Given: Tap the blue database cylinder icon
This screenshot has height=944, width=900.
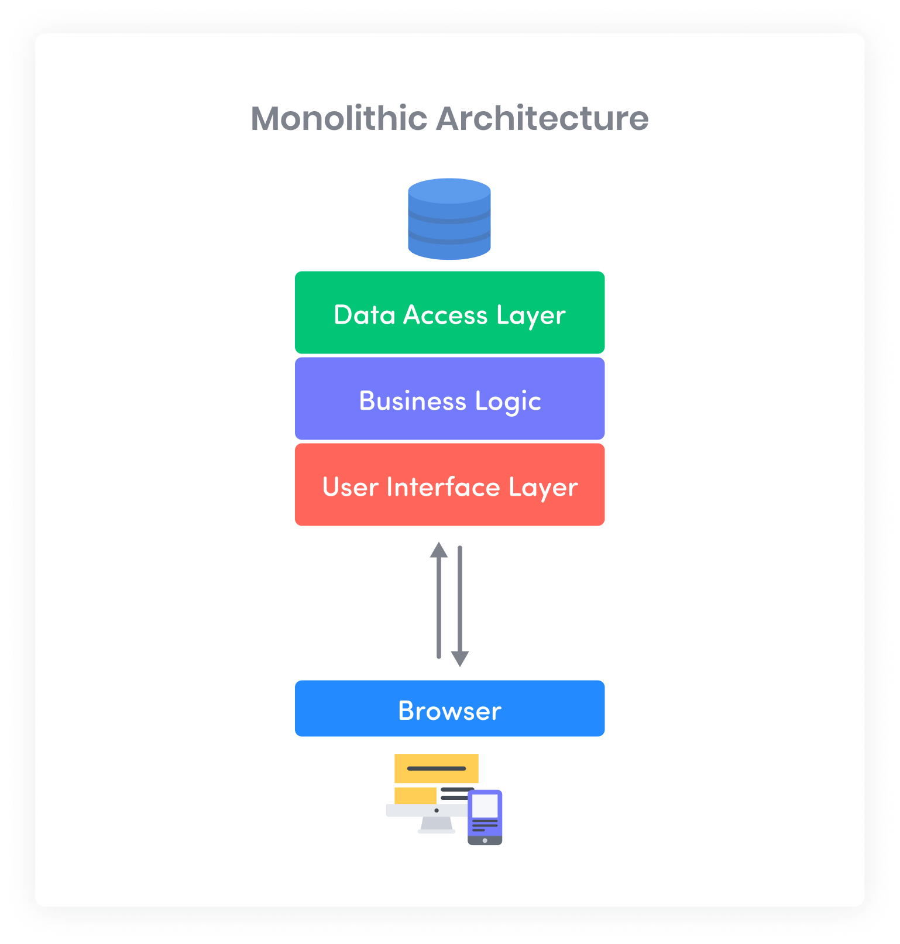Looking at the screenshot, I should [x=449, y=219].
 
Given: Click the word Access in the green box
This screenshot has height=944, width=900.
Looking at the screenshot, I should [x=445, y=315].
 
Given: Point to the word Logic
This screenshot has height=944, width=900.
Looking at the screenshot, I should [x=508, y=401].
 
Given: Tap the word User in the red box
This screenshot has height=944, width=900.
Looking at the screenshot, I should [x=350, y=487].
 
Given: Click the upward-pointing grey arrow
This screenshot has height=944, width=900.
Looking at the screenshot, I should [x=439, y=600].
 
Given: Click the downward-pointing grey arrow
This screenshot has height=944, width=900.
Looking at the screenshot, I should [x=460, y=606].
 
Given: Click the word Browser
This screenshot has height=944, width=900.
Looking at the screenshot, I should [x=449, y=710].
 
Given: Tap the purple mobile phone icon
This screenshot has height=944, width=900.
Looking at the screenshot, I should [x=485, y=816].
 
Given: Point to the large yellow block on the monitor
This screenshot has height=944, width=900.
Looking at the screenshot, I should [x=436, y=768].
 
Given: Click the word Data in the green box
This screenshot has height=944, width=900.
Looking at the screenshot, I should [x=364, y=315].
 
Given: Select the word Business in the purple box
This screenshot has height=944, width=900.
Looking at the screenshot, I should [x=413, y=401].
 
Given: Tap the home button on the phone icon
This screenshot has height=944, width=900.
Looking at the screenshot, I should [x=485, y=840].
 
